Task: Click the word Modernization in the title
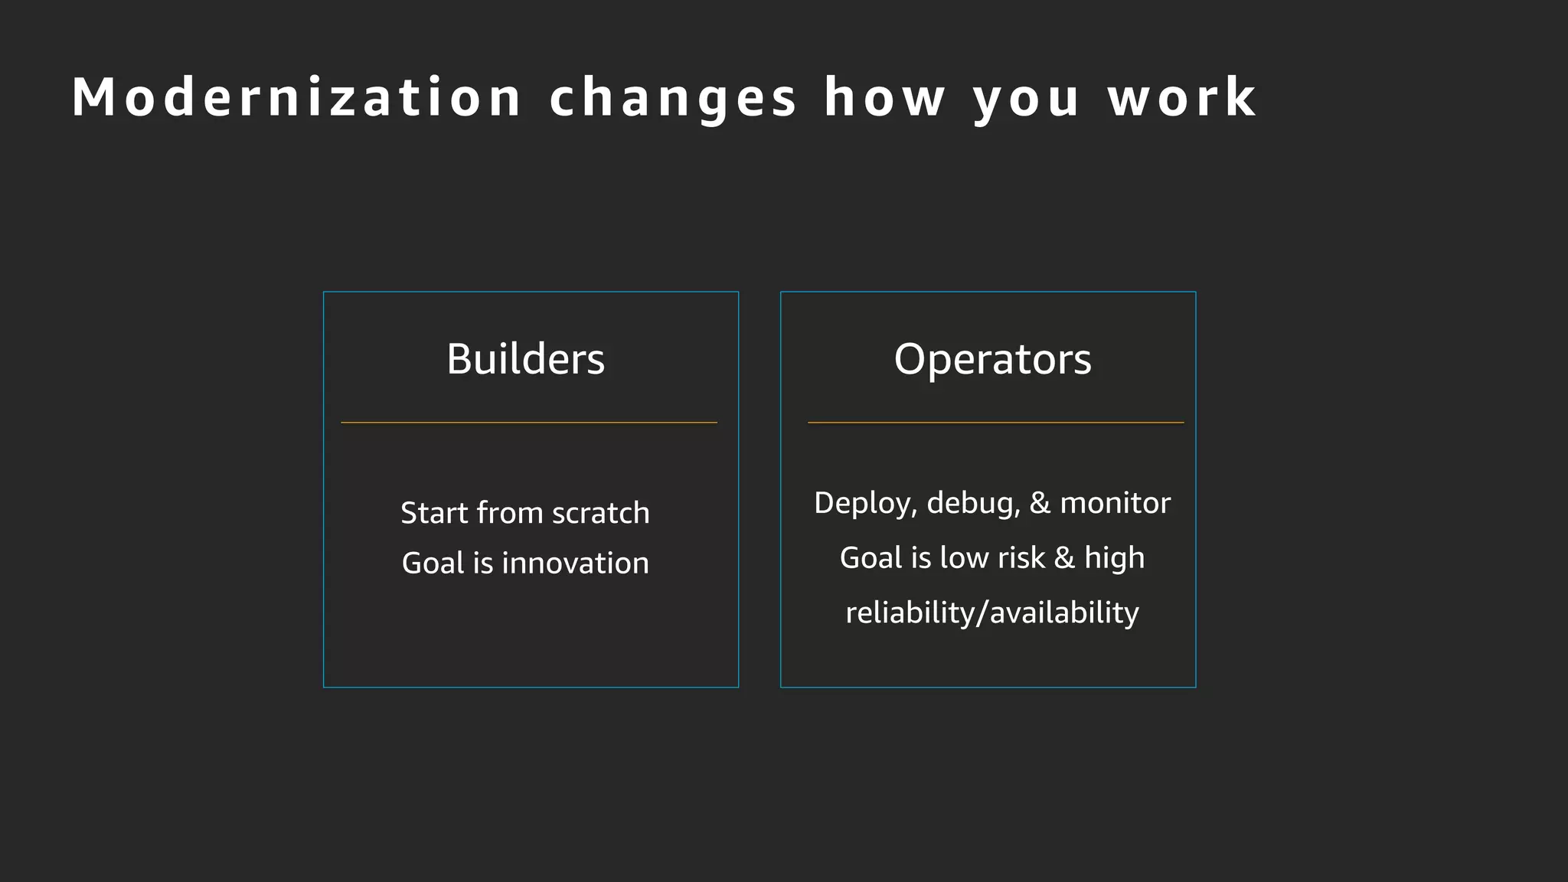[x=296, y=98]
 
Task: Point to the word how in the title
[x=884, y=98]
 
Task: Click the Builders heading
[x=525, y=358]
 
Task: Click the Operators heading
[x=992, y=358]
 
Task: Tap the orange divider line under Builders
[x=529, y=423]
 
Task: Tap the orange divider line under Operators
[x=995, y=423]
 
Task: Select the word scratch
[x=600, y=513]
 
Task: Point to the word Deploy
[x=864, y=504]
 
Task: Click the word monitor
[x=1115, y=504]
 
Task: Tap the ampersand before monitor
[x=1040, y=504]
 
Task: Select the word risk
[x=1021, y=558]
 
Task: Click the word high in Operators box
[x=1114, y=558]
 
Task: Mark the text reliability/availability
[x=992, y=612]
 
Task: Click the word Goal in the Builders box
[x=433, y=563]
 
